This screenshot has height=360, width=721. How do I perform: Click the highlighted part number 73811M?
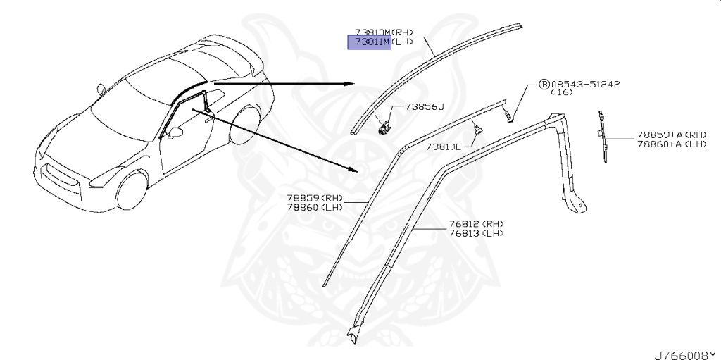click(x=370, y=42)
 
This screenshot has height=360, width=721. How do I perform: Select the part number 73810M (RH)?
click(x=384, y=32)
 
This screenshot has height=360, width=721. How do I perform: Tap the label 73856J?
click(x=425, y=107)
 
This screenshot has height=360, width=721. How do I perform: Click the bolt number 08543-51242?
click(x=585, y=84)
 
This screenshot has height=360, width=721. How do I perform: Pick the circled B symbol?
click(x=544, y=84)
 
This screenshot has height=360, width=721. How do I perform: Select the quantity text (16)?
click(x=560, y=92)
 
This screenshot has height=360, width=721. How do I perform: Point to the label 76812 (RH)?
click(x=476, y=224)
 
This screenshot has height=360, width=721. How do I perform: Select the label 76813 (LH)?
click(x=476, y=233)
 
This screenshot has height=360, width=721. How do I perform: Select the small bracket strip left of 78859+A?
click(x=603, y=137)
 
